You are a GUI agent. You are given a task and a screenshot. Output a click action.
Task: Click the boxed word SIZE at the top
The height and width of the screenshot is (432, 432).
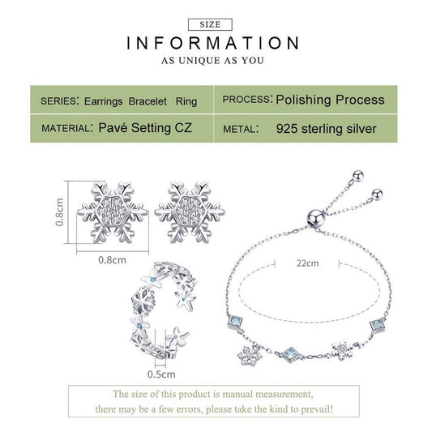tap(210, 24)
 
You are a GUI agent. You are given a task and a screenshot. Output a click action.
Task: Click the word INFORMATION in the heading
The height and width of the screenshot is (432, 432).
tap(212, 43)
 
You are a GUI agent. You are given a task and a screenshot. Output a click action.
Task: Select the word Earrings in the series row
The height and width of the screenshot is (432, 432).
tap(103, 101)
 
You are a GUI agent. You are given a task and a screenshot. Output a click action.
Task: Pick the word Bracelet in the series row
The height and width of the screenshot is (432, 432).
tap(148, 101)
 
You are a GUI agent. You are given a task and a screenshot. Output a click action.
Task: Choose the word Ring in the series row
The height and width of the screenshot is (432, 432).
tap(186, 101)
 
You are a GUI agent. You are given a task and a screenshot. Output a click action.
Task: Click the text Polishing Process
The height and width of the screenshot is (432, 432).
tap(330, 100)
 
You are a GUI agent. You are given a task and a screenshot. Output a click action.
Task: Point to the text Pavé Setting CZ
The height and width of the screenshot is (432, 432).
tap(145, 128)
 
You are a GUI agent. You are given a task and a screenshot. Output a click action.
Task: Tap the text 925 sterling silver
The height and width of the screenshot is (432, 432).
tap(326, 129)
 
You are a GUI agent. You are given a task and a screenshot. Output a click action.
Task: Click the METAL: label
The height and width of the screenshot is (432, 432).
tap(241, 129)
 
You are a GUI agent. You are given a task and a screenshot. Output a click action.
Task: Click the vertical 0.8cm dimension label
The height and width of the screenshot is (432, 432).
tap(59, 212)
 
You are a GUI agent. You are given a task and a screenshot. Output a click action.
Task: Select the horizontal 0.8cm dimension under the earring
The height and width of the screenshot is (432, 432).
tap(112, 260)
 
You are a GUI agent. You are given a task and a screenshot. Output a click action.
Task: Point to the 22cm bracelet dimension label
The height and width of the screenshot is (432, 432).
tap(307, 263)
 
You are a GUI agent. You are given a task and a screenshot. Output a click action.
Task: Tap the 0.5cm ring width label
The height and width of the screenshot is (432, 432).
tap(161, 374)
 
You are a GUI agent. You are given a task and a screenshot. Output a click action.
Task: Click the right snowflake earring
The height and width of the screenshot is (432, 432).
tap(190, 212)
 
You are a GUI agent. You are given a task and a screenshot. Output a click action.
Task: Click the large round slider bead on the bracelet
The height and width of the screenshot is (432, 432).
tap(316, 218)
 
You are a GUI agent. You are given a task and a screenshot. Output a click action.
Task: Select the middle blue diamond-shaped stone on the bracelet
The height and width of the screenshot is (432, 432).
tap(291, 353)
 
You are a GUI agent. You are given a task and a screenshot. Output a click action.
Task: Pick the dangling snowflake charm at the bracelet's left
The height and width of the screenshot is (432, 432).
tap(250, 356)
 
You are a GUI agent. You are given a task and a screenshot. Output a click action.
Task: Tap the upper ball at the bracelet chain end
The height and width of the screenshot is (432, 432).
tap(358, 176)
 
